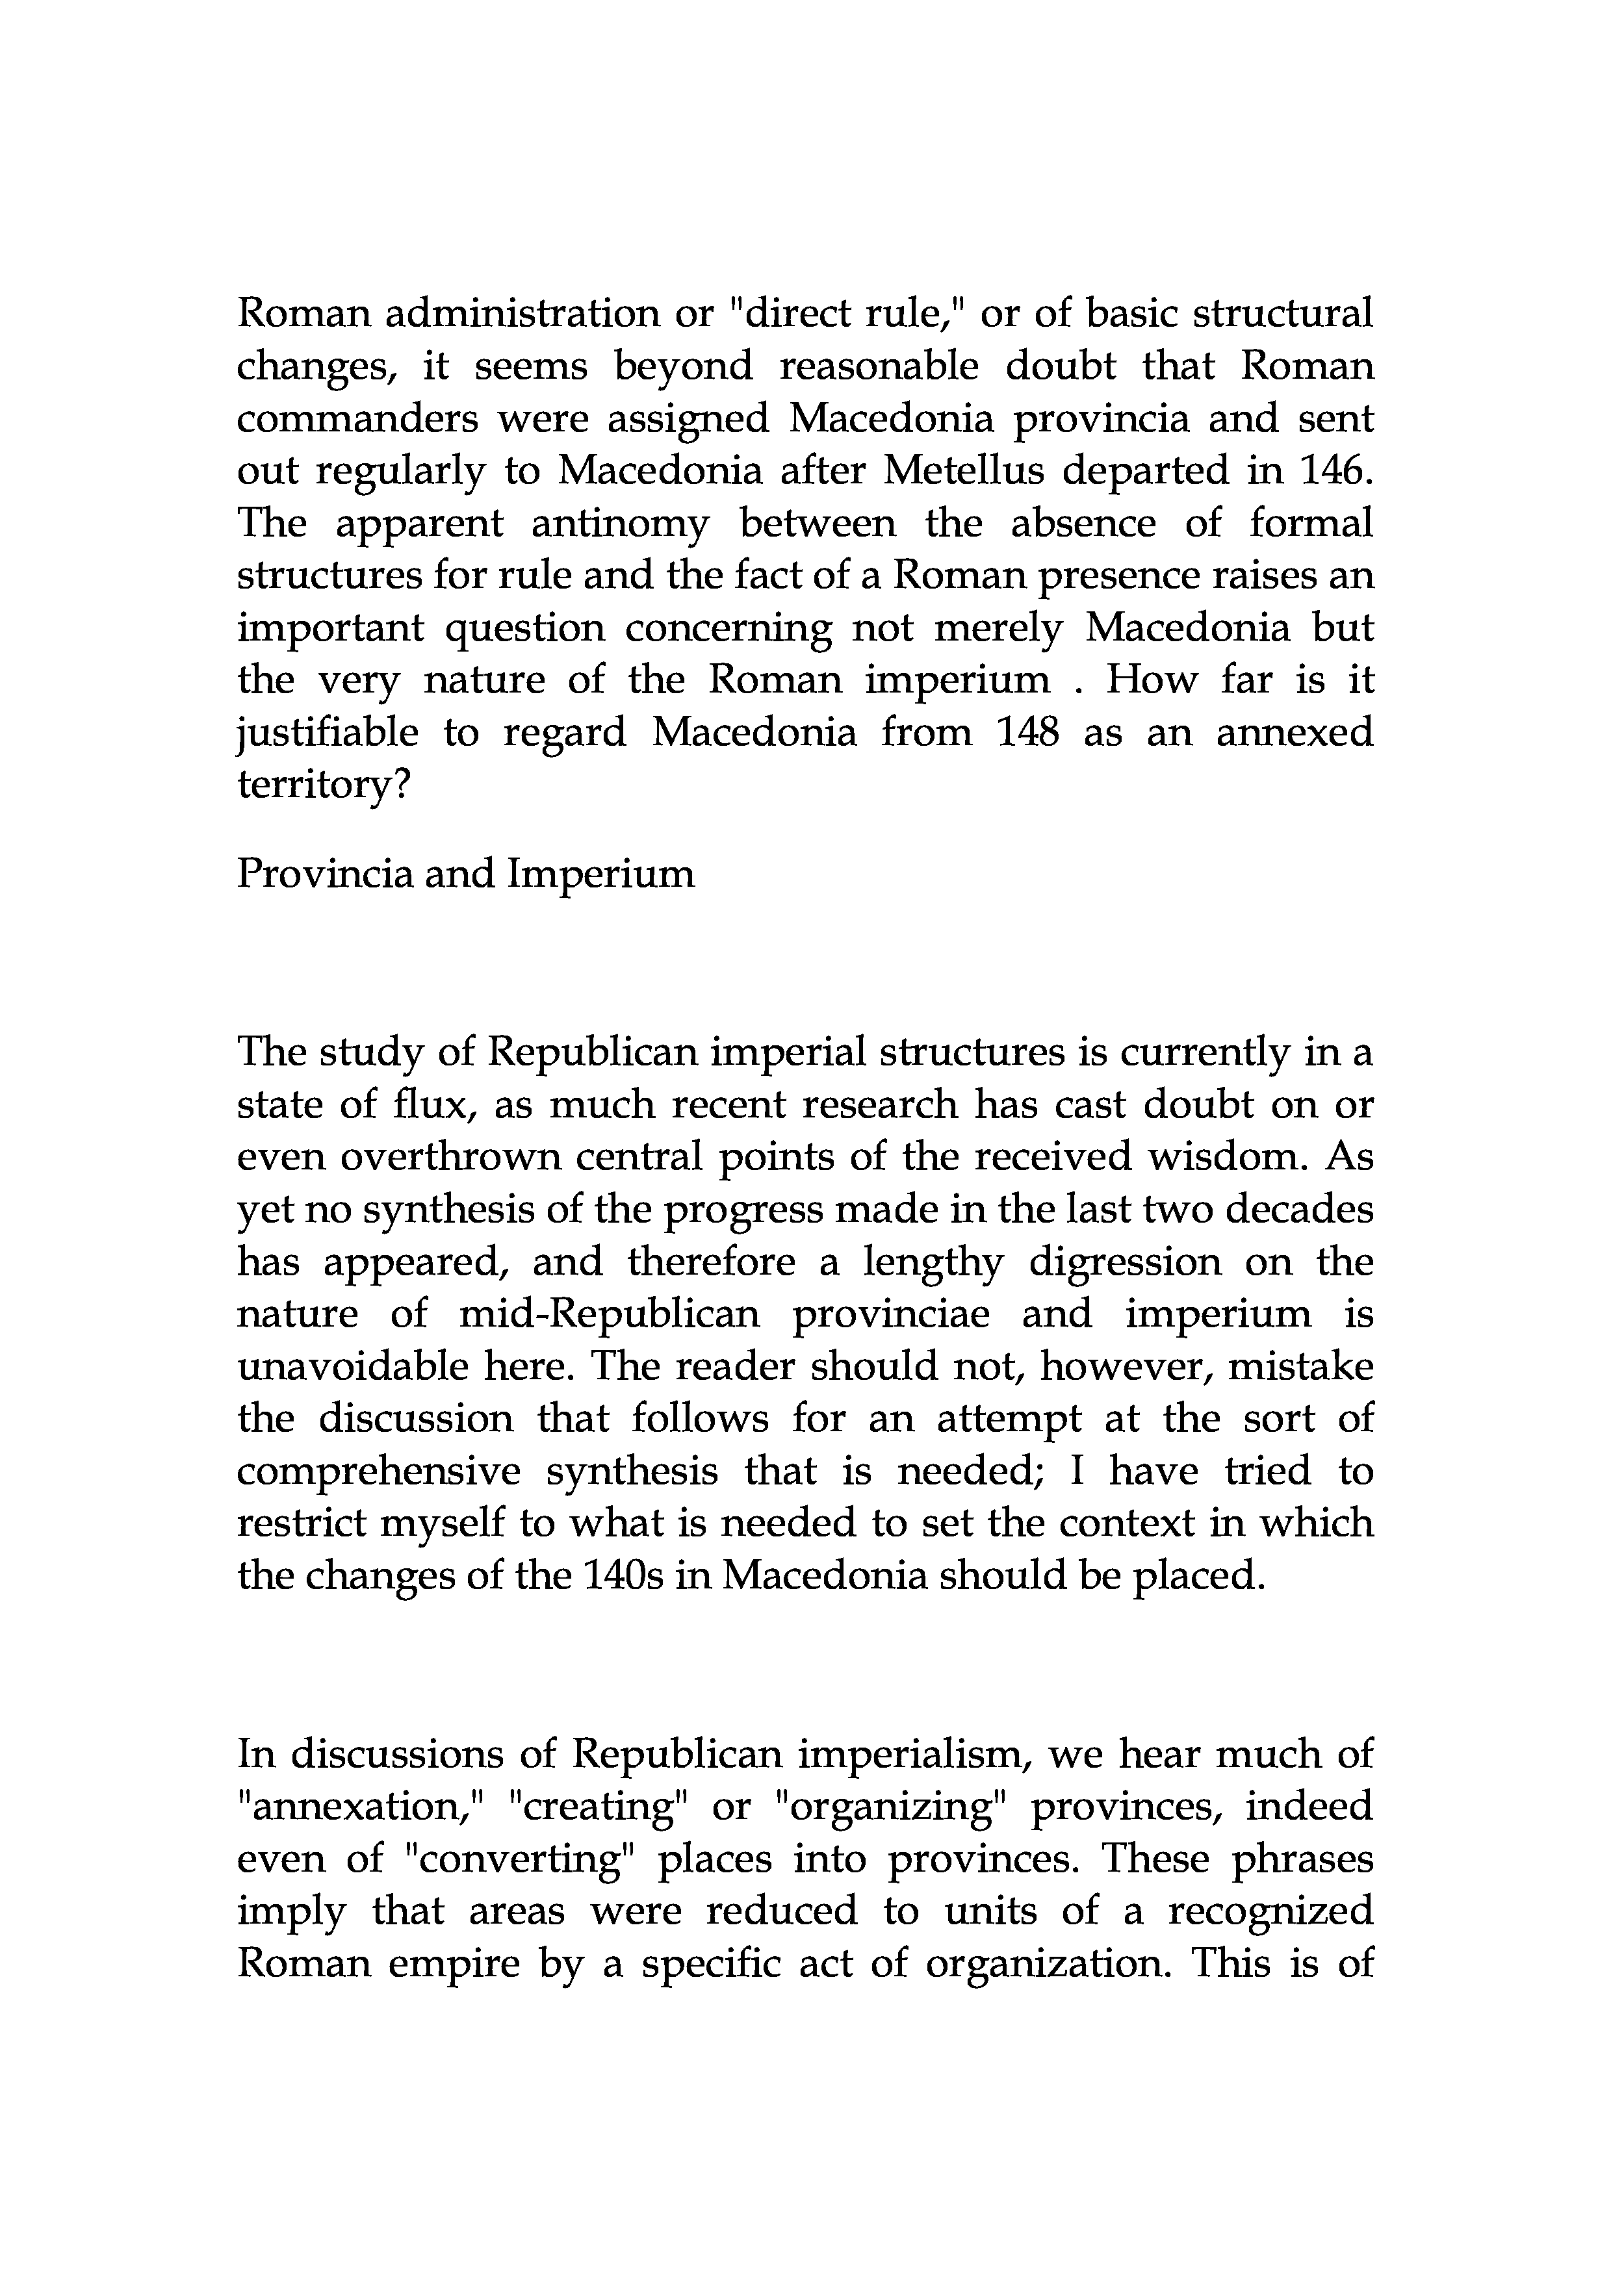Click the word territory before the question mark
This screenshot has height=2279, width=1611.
coord(316,785)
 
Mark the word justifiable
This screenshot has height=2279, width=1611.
coord(328,733)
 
